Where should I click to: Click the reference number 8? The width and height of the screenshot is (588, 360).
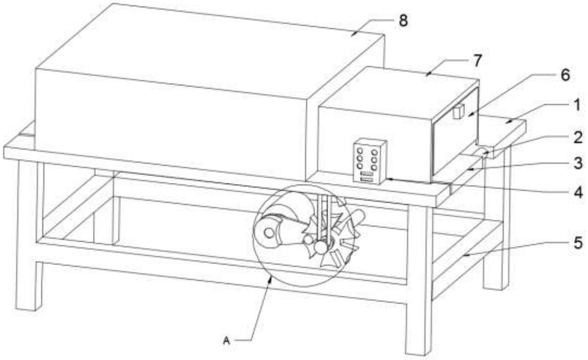pyautogui.click(x=403, y=21)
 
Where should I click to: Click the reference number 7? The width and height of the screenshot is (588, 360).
pyautogui.click(x=477, y=61)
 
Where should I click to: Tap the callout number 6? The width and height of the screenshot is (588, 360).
pyautogui.click(x=565, y=75)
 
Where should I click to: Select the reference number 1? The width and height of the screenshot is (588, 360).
pyautogui.click(x=577, y=105)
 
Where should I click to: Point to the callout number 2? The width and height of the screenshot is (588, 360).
pyautogui.click(x=577, y=138)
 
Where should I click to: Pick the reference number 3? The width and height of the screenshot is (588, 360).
pyautogui.click(x=578, y=163)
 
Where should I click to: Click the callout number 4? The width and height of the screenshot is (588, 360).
pyautogui.click(x=578, y=193)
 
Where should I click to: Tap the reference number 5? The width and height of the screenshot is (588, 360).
pyautogui.click(x=578, y=243)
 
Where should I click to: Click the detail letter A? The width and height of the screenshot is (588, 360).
pyautogui.click(x=226, y=341)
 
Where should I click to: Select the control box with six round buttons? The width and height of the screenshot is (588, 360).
pyautogui.click(x=370, y=161)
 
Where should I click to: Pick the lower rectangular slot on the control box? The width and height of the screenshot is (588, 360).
pyautogui.click(x=367, y=180)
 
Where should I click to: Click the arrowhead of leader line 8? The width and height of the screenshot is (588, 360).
pyautogui.click(x=353, y=34)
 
